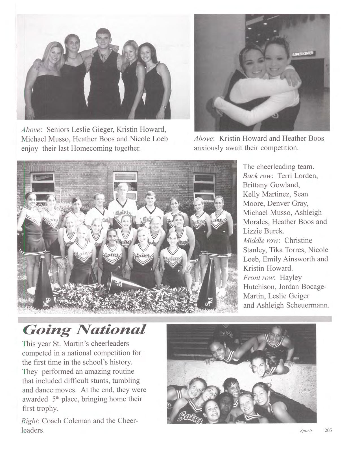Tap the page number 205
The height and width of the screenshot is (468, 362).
point(328,430)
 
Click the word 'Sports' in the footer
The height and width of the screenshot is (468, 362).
point(306,431)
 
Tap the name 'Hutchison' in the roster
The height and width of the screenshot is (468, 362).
point(259,287)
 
